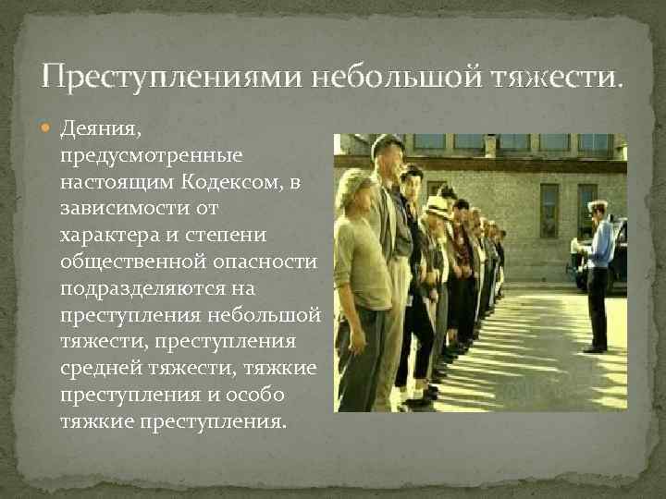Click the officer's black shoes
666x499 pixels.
point(594,349)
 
